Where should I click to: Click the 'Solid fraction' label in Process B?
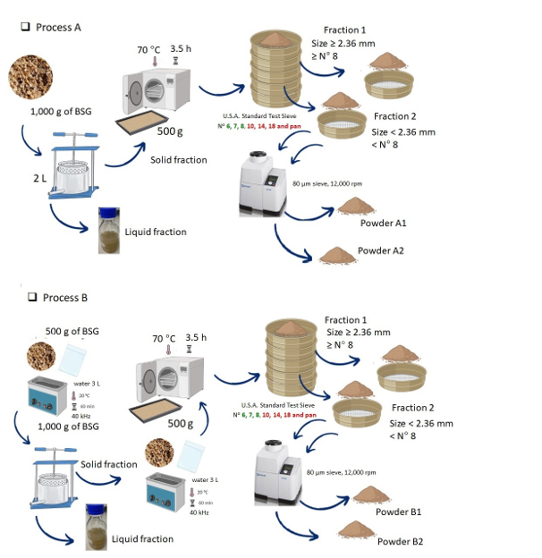pyautogui.click(x=108, y=464)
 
